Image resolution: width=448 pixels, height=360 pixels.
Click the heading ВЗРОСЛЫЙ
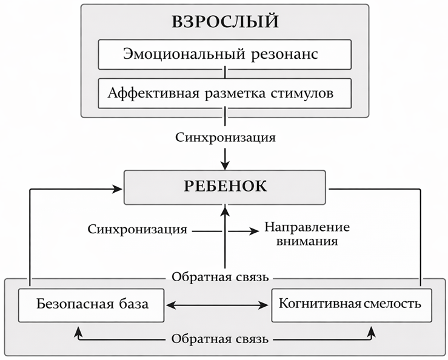[225, 22]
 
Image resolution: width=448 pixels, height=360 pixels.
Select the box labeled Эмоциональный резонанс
[225, 55]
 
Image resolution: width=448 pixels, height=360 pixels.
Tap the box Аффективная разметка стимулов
[225, 93]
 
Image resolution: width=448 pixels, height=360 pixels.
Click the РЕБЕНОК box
[225, 186]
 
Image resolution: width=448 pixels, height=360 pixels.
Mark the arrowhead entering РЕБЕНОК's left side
[118, 190]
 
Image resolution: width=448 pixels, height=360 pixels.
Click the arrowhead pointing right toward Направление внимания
[255, 230]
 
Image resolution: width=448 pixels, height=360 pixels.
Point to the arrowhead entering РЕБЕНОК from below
[225, 208]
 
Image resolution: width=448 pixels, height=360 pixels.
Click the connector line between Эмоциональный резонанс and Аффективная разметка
[225, 74]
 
